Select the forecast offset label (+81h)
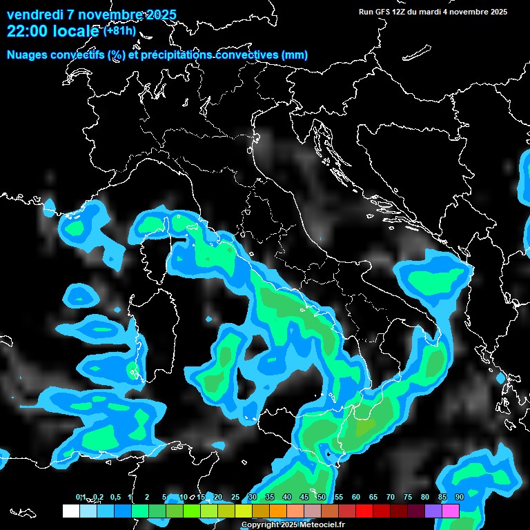(x=119, y=31)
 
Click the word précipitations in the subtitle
(x=181, y=55)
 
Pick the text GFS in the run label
(x=382, y=12)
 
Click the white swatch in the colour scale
(x=70, y=511)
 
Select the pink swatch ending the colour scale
(x=451, y=511)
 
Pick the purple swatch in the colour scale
(x=433, y=511)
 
